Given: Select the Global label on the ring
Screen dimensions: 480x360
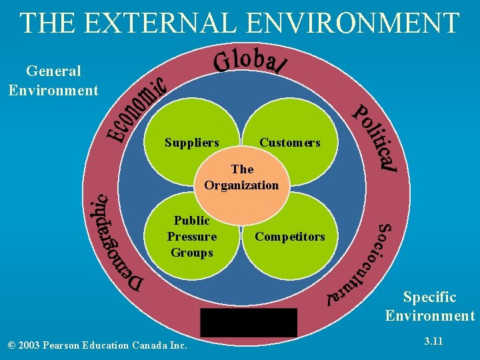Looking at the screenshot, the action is tap(249, 60).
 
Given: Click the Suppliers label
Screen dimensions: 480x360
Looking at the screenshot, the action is tap(192, 143).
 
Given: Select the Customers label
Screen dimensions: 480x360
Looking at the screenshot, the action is tap(290, 143).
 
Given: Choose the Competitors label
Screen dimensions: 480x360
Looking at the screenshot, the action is tap(290, 237).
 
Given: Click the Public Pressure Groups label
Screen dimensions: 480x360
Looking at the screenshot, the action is tap(192, 236).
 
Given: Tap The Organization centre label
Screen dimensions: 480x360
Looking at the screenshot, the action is tap(242, 177).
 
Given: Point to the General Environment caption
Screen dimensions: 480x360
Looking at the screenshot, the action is tap(53, 80).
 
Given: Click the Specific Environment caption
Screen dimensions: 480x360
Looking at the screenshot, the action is tap(430, 306).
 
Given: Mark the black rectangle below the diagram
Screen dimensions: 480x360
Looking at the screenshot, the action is tap(249, 323).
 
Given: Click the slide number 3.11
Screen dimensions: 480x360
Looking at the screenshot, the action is tap(434, 342).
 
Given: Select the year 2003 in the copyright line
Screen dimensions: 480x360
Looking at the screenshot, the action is tap(32, 345).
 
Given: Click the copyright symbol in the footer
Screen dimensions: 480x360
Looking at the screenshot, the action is tap(11, 345).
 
